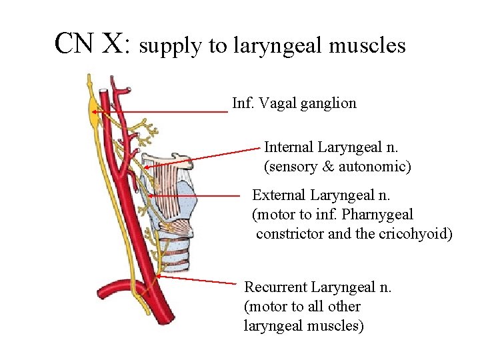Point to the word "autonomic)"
tap(375, 166)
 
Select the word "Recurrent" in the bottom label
tap(276, 287)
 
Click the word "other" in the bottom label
tap(345, 307)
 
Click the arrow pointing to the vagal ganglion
tap(160, 112)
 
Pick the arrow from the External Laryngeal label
tap(193, 196)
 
